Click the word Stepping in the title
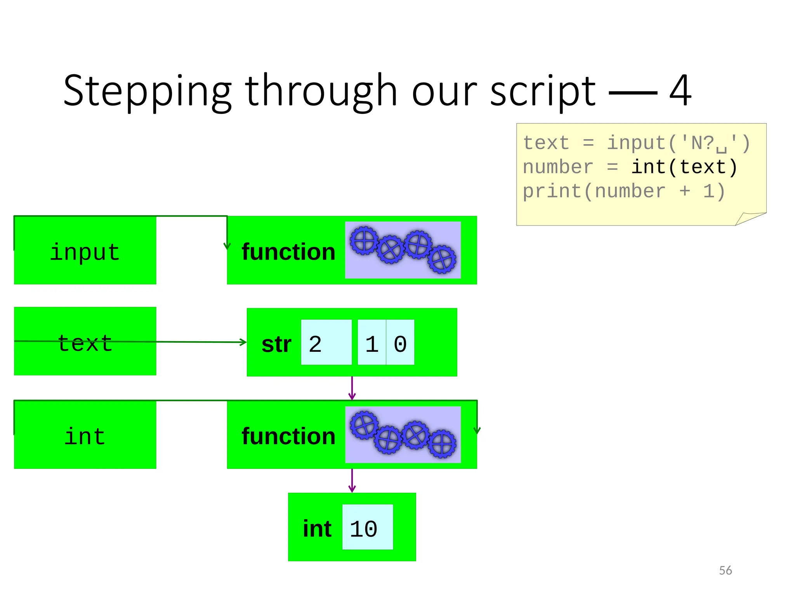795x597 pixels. coord(148,91)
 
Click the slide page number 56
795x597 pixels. coord(725,570)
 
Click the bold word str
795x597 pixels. coord(276,344)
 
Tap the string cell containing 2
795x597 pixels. coord(326,342)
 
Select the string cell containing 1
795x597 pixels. coord(371,342)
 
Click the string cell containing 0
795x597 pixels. coord(400,342)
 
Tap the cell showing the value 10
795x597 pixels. coord(367,527)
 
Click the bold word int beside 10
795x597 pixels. coord(317,529)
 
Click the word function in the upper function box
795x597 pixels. coord(288,252)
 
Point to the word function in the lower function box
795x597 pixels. coord(288,436)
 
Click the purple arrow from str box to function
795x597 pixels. coord(352,388)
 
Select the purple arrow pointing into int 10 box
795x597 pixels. coord(352,480)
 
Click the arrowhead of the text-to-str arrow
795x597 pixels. coord(243,342)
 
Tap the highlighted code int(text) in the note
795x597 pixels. coord(684,167)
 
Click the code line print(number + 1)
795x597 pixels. coord(624,191)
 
